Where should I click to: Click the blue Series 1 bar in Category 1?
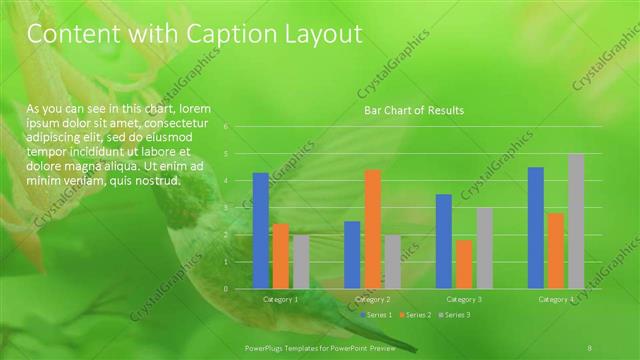(261, 231)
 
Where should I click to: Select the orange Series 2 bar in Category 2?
(372, 229)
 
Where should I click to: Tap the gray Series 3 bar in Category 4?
(576, 221)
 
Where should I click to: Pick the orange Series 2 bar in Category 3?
(464, 264)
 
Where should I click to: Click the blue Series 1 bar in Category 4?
(536, 227)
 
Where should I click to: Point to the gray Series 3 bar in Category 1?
(301, 262)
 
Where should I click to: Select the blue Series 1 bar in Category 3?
(444, 241)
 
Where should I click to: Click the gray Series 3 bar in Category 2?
(392, 262)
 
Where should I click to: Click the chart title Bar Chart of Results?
(413, 110)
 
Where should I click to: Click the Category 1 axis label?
(281, 299)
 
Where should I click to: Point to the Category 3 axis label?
(464, 299)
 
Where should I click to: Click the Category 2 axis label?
(372, 299)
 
